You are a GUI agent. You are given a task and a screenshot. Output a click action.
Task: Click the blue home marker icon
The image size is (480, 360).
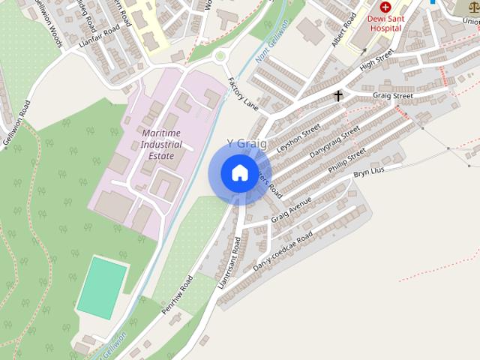coord(239,172)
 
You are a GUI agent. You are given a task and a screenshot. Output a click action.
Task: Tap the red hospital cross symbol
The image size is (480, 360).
coord(385,7)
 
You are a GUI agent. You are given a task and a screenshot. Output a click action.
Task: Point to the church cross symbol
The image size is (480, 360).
coord(338,95)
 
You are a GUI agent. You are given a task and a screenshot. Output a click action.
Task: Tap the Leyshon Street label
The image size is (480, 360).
coord(298,139)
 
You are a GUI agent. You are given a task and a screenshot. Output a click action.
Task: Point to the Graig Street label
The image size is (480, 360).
coord(393,96)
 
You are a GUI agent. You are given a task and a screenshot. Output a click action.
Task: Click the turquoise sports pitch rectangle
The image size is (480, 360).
coord(102,287)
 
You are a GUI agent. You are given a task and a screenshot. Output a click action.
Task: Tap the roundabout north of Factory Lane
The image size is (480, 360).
coord(221,55)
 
